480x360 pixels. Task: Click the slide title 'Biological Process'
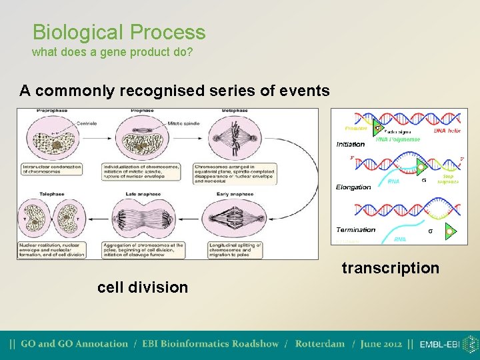119,32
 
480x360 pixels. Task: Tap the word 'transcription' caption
390,268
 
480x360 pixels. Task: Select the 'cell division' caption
143,287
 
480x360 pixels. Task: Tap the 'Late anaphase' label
139,194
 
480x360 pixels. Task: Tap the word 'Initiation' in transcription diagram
351,144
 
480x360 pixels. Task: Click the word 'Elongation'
353,187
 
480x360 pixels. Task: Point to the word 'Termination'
355,229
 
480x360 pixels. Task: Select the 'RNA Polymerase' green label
398,139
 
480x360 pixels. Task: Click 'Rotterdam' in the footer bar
320,344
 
